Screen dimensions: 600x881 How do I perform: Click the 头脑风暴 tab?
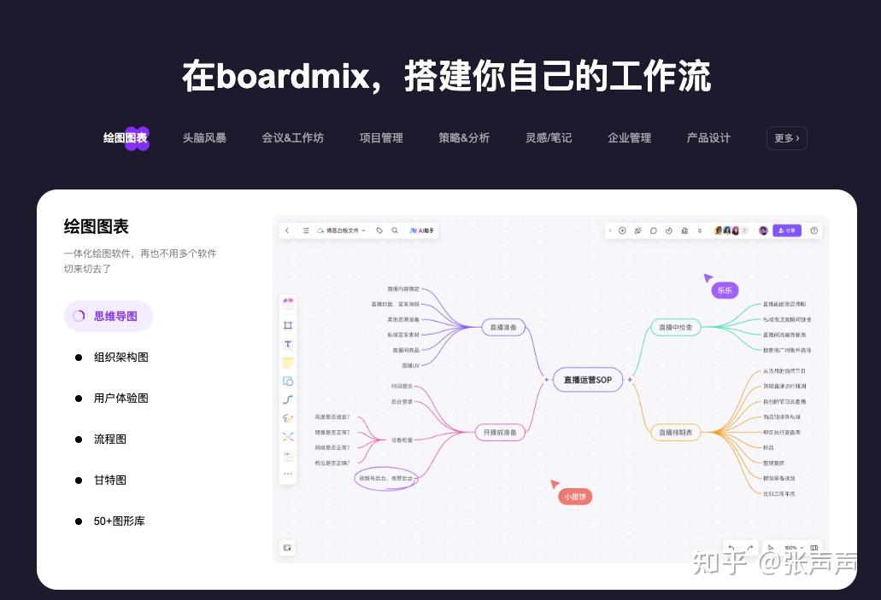(x=204, y=137)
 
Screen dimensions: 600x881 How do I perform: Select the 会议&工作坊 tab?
(x=292, y=137)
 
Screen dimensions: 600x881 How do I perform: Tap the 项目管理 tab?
(x=381, y=137)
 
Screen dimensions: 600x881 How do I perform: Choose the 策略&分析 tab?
(x=464, y=137)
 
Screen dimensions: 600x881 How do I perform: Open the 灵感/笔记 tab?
(x=549, y=137)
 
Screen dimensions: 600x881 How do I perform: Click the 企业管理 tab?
(x=629, y=137)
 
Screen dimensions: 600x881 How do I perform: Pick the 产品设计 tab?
(x=708, y=137)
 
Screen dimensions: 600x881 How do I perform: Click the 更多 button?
(x=786, y=137)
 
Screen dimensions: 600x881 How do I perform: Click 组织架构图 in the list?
(x=120, y=357)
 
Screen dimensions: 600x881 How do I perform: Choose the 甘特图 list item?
(x=110, y=480)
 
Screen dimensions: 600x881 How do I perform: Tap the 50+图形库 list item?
(x=119, y=521)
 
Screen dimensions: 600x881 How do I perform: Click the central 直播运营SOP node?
(x=588, y=380)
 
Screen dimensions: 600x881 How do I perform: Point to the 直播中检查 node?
(x=675, y=327)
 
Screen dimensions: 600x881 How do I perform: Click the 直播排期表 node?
(x=675, y=433)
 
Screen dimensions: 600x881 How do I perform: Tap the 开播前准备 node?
(x=500, y=433)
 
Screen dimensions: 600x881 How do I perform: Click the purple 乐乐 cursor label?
(x=725, y=290)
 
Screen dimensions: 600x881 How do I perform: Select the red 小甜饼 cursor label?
(x=574, y=496)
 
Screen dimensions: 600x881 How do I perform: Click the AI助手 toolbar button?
(x=423, y=230)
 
